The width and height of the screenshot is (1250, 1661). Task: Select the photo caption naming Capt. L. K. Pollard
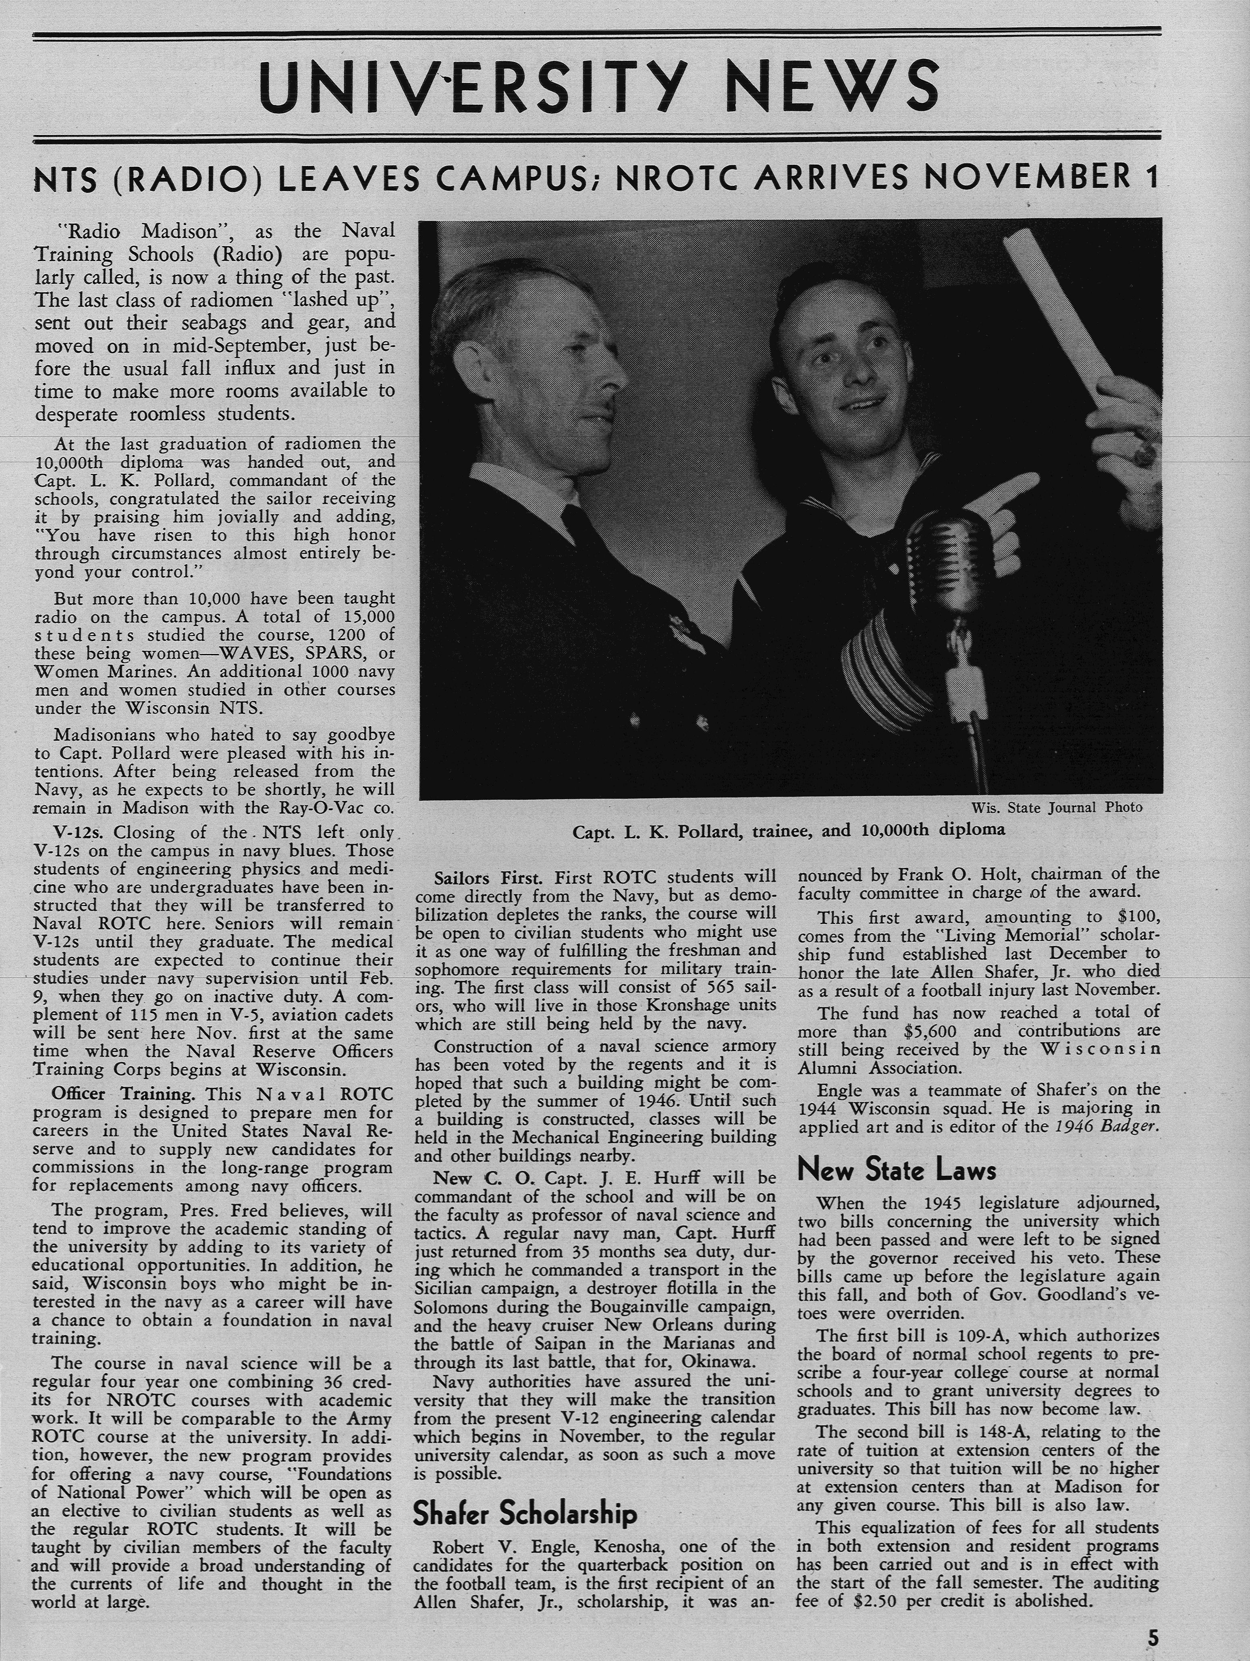point(788,830)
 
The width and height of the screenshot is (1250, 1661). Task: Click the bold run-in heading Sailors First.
point(492,878)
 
